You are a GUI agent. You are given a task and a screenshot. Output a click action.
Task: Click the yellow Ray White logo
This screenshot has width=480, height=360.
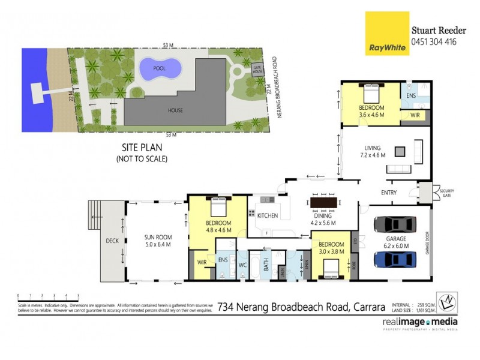pyautogui.click(x=387, y=33)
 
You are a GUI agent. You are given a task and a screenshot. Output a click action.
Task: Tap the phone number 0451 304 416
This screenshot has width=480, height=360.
pyautogui.click(x=433, y=42)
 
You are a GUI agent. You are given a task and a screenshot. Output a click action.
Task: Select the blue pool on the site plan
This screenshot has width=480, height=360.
pyautogui.click(x=159, y=69)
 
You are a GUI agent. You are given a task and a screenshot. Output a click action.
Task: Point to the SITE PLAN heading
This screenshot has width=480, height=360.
pyautogui.click(x=140, y=146)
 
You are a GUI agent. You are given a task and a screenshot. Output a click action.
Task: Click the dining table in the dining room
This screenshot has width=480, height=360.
pyautogui.click(x=323, y=202)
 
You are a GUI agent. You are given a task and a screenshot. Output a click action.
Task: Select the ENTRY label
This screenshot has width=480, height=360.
pyautogui.click(x=389, y=192)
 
